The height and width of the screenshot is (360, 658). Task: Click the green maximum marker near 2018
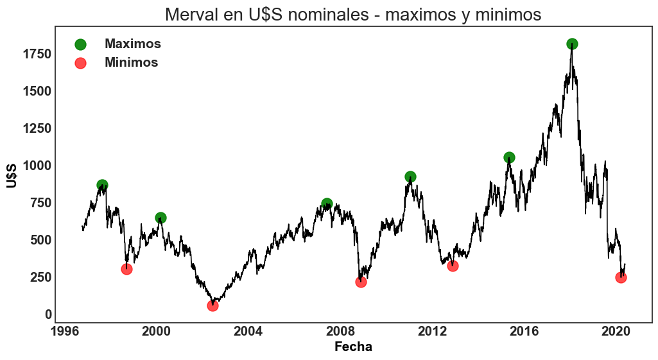[572, 44]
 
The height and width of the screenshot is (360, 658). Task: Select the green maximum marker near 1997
[102, 185]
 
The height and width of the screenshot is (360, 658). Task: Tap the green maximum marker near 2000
[160, 218]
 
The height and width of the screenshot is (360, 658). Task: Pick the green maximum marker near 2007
[327, 203]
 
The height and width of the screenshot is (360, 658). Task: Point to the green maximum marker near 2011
[410, 176]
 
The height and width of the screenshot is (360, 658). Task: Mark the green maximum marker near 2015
[509, 157]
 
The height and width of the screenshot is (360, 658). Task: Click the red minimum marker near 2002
[212, 305]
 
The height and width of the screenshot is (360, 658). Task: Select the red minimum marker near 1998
[126, 269]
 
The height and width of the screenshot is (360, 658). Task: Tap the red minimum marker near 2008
[361, 282]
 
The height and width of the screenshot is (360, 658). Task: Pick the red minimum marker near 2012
[453, 266]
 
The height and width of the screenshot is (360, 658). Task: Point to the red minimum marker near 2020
[621, 277]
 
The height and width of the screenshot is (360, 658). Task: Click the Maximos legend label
[132, 44]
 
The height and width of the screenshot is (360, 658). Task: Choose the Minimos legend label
[131, 62]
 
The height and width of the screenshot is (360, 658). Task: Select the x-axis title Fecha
[353, 347]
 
